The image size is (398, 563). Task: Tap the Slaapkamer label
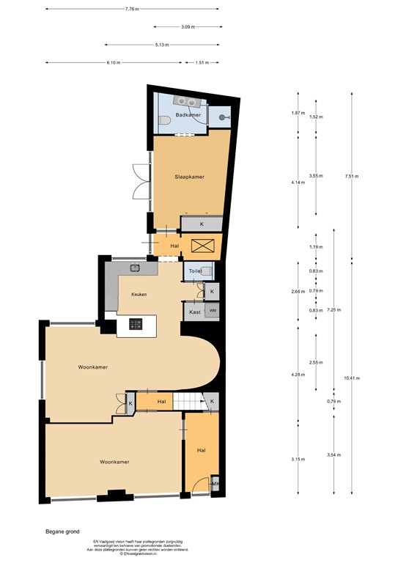click(x=189, y=177)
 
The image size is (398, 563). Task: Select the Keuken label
click(x=139, y=294)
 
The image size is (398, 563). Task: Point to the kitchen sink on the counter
click(x=135, y=267)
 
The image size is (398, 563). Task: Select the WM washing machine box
click(x=213, y=312)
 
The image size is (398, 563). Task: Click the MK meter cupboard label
click(x=215, y=484)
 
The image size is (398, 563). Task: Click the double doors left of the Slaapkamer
click(x=137, y=182)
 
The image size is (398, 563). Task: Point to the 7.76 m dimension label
click(x=132, y=10)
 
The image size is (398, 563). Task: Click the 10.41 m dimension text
click(x=353, y=378)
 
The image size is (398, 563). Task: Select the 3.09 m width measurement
click(x=188, y=27)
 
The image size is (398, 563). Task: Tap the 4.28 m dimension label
click(x=298, y=375)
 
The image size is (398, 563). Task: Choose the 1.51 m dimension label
click(x=202, y=62)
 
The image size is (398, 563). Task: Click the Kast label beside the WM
click(x=194, y=312)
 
